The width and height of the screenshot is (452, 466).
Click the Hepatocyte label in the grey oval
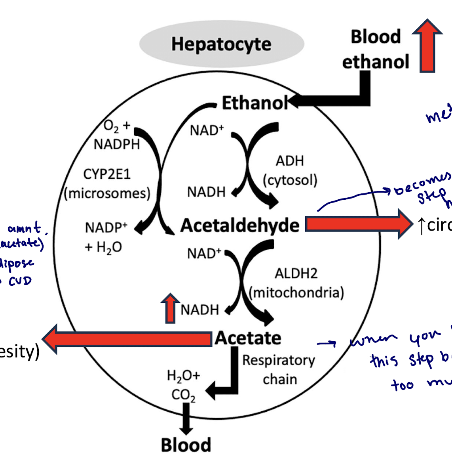[x=221, y=44]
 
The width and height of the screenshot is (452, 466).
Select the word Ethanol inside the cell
[x=254, y=103]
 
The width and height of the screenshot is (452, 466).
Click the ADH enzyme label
[x=290, y=161]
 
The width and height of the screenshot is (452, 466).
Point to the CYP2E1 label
[x=107, y=174]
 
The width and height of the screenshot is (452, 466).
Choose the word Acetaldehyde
[x=240, y=225]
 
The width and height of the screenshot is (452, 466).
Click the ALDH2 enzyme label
[x=296, y=273]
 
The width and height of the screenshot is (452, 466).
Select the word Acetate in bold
[x=248, y=338]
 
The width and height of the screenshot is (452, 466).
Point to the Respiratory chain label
[x=279, y=369]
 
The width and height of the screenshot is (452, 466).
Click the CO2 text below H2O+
[x=183, y=395]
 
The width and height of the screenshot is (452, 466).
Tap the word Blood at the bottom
[x=186, y=445]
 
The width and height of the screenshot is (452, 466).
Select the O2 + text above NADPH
[x=117, y=126]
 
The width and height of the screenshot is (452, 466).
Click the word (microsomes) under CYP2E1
[x=107, y=193]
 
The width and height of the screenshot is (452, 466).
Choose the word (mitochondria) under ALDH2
[x=296, y=293]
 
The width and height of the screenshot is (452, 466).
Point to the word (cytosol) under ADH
[x=290, y=180]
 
